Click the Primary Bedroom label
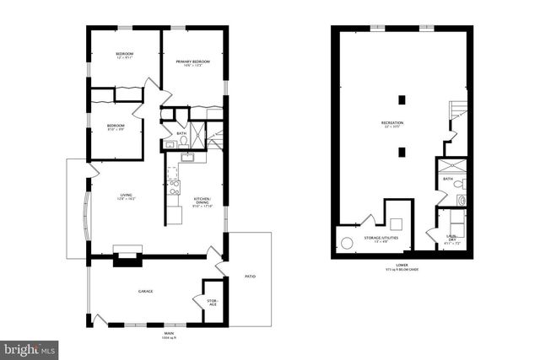(x=192, y=62)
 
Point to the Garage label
(x=145, y=291)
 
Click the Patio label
(x=251, y=276)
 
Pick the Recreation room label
(x=391, y=124)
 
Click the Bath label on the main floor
(x=181, y=133)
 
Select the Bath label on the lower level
(x=446, y=180)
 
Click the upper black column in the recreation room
(x=402, y=99)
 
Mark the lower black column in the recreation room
(x=402, y=153)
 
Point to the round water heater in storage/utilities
(x=346, y=243)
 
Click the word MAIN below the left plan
(x=169, y=333)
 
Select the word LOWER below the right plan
(x=400, y=265)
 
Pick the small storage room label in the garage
(x=212, y=301)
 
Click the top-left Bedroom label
(x=125, y=55)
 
